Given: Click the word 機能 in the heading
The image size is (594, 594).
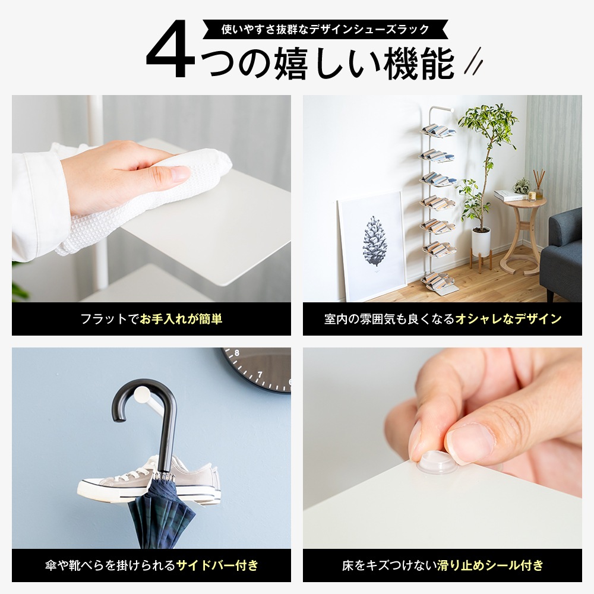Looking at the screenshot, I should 419,64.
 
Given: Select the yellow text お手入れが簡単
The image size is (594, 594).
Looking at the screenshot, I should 181,319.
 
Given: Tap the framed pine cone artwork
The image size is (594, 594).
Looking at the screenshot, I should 374,244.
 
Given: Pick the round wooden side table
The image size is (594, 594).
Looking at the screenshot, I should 523,238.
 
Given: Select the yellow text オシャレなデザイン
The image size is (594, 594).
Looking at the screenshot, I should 508,319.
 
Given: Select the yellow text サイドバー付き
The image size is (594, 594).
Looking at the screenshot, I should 217,565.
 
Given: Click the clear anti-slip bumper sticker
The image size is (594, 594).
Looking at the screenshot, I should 437,463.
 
